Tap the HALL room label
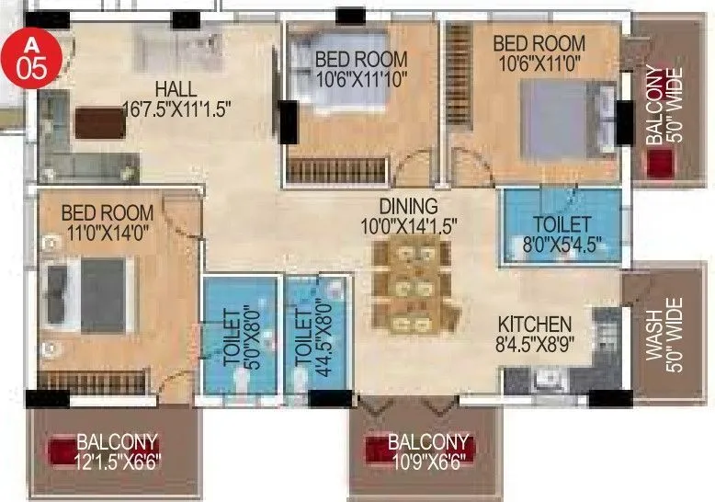(175, 89)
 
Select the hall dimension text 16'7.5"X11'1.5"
(176, 108)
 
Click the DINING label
(411, 205)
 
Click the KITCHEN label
(535, 325)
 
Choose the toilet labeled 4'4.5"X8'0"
(306, 336)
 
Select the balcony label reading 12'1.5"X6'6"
(117, 451)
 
